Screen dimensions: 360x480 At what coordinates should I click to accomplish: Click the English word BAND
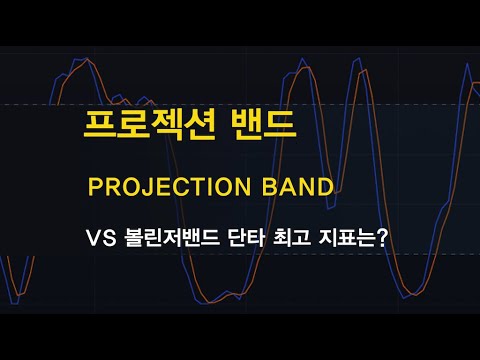click(x=298, y=187)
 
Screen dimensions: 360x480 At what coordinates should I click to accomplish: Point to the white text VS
click(x=102, y=241)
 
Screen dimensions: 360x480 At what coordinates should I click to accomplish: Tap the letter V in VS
click(x=95, y=241)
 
